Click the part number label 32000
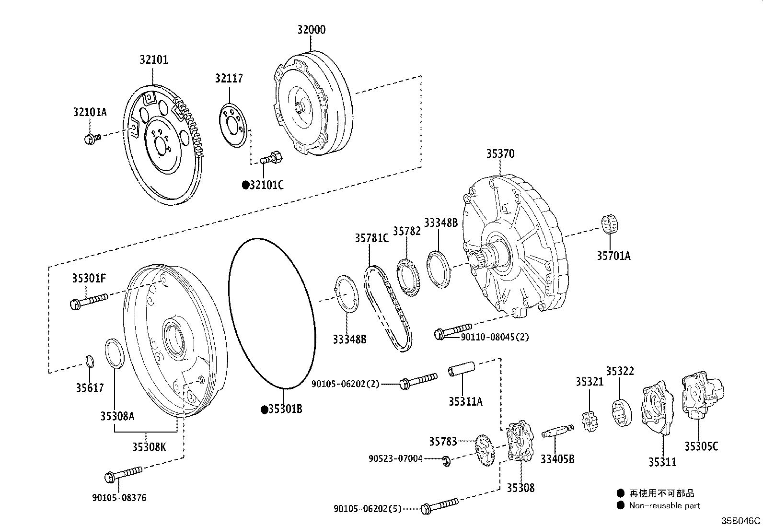[311, 30]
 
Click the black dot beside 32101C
[245, 185]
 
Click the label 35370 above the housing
[500, 154]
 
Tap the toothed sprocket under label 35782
[408, 272]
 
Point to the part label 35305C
[701, 446]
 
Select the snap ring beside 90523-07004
[446, 461]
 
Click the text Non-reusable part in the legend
[664, 505]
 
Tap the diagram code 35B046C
[741, 521]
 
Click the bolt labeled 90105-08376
[123, 474]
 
